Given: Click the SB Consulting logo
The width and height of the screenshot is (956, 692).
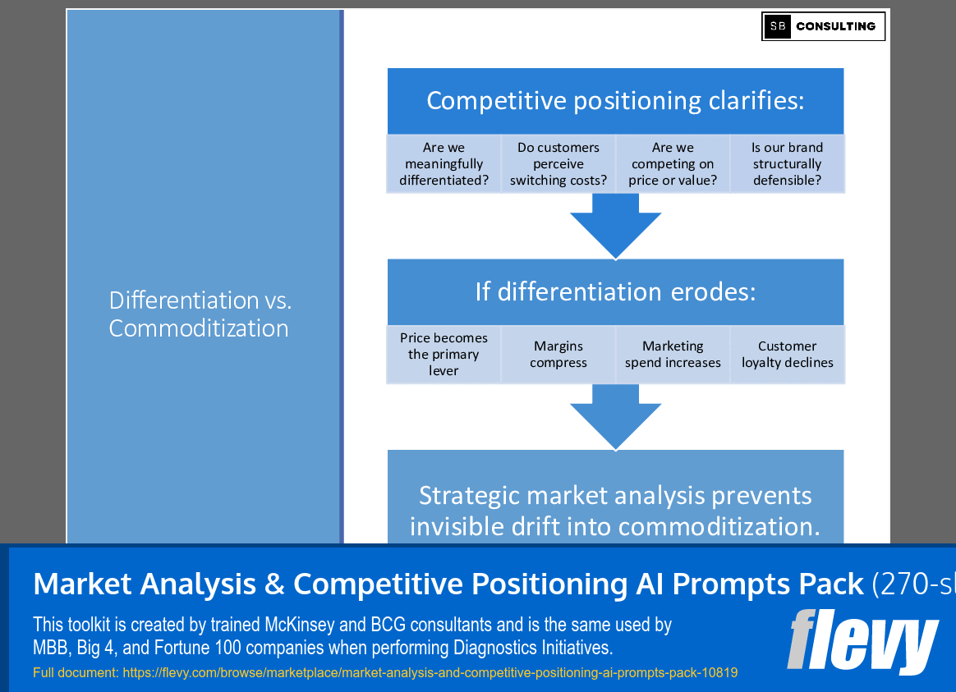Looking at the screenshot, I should pyautogui.click(x=823, y=26).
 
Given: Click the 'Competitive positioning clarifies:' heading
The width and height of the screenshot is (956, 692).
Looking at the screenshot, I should pyautogui.click(x=615, y=101).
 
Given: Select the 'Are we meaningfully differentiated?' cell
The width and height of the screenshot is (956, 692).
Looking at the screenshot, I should pyautogui.click(x=444, y=164).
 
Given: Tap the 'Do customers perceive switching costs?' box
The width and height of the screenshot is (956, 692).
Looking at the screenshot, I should pyautogui.click(x=558, y=164).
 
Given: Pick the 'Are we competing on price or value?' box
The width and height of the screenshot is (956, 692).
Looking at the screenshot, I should pyautogui.click(x=673, y=164).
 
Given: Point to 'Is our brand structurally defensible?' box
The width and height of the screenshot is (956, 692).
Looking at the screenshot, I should pyautogui.click(x=787, y=164).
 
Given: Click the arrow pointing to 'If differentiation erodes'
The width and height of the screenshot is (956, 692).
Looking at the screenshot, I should pyautogui.click(x=615, y=226).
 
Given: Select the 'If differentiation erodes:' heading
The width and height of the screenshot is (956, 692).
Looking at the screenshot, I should pyautogui.click(x=615, y=291).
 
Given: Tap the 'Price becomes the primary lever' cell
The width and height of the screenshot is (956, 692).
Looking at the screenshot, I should pyautogui.click(x=444, y=355).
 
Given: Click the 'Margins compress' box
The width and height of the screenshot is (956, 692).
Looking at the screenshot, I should pyautogui.click(x=558, y=355).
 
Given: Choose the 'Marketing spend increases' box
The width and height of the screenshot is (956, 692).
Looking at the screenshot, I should pyautogui.click(x=673, y=355).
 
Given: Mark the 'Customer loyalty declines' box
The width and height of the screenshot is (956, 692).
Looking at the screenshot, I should pyautogui.click(x=787, y=355).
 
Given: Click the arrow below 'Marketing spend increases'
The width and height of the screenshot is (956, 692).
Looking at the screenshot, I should pyautogui.click(x=615, y=416).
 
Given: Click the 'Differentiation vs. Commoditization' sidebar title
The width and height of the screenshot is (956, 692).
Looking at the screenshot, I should pyautogui.click(x=200, y=314).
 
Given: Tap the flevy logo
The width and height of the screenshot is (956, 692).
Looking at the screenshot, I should pyautogui.click(x=862, y=641).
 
